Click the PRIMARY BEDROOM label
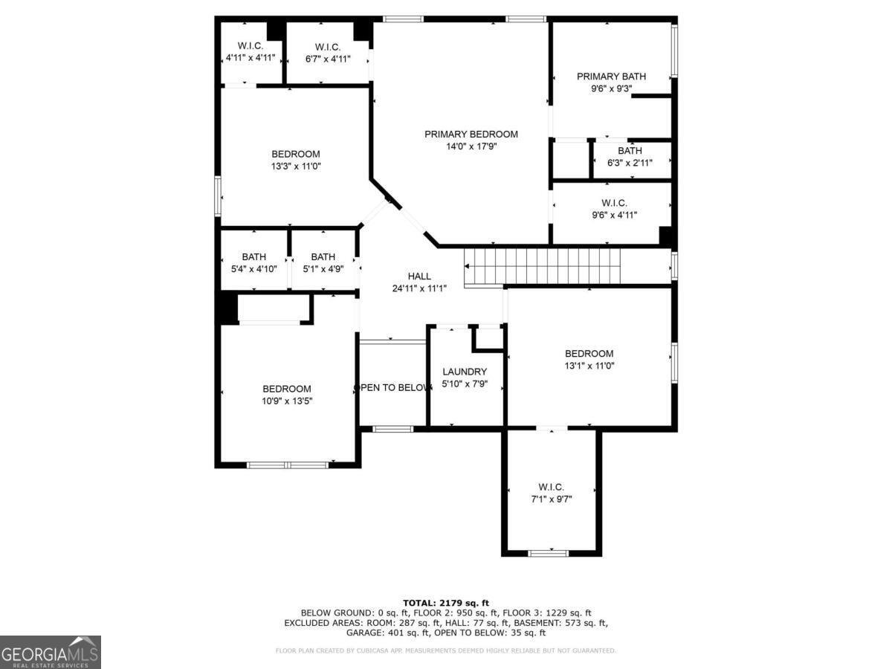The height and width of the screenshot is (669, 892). coord(471,135)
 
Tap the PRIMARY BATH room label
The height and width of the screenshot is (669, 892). coord(611,76)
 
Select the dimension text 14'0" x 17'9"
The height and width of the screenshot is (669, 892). coord(471,146)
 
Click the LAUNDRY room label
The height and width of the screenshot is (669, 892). coord(465,372)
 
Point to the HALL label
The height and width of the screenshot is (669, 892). coord(419,277)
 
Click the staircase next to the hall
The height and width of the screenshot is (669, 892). coord(543,265)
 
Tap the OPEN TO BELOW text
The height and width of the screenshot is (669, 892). coord(393,387)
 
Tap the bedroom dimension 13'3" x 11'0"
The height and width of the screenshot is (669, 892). coord(296,167)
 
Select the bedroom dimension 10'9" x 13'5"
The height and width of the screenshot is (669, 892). coord(287,401)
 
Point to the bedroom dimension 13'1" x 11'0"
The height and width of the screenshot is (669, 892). coord(589,366)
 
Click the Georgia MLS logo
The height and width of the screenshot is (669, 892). coord(50,652)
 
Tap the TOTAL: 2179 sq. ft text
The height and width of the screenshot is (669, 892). coord(446,603)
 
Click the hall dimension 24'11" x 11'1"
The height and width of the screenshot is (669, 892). coord(419,288)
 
